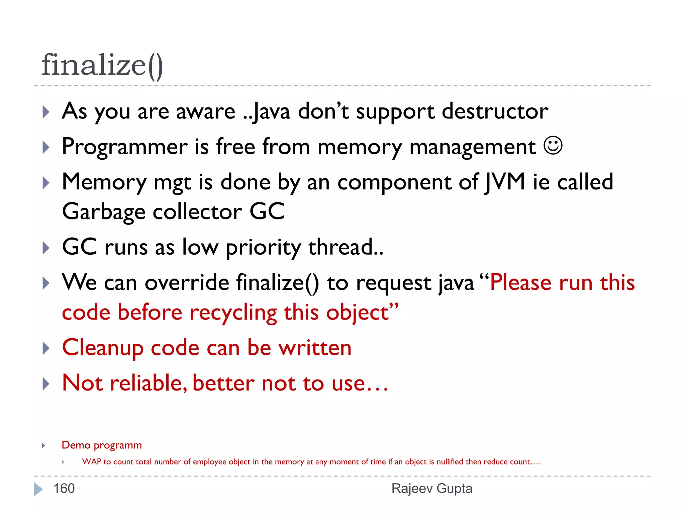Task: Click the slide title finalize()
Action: tap(102, 65)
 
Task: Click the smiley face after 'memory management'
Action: tap(553, 146)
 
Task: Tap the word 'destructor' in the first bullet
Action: tap(495, 111)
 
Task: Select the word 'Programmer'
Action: tap(125, 147)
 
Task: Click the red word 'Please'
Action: tap(521, 283)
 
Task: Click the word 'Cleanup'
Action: tap(103, 348)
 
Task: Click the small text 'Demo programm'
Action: tap(102, 445)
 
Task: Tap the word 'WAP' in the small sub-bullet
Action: tap(91, 462)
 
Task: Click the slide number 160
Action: tap(64, 489)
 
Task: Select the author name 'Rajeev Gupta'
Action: tap(432, 489)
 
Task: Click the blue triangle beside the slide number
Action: tap(38, 489)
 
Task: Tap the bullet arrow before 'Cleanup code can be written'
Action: tap(46, 348)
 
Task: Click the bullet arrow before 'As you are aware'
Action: tap(46, 112)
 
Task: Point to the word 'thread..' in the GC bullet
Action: tap(346, 248)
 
